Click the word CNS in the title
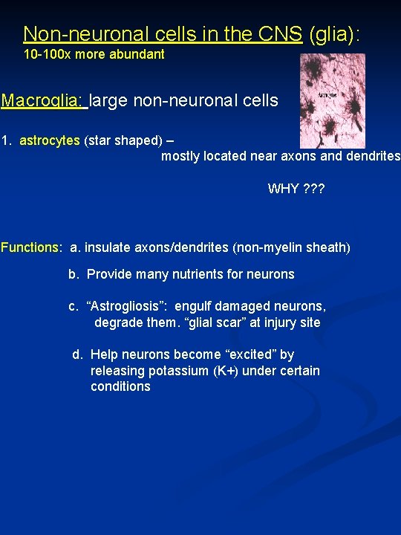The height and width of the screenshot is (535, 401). click(x=283, y=34)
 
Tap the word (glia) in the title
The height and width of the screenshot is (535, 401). click(x=334, y=34)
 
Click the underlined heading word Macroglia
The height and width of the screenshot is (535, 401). click(x=42, y=100)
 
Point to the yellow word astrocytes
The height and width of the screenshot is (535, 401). click(x=49, y=140)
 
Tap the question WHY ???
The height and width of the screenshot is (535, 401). click(x=296, y=189)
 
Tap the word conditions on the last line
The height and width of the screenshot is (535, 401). click(x=120, y=386)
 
